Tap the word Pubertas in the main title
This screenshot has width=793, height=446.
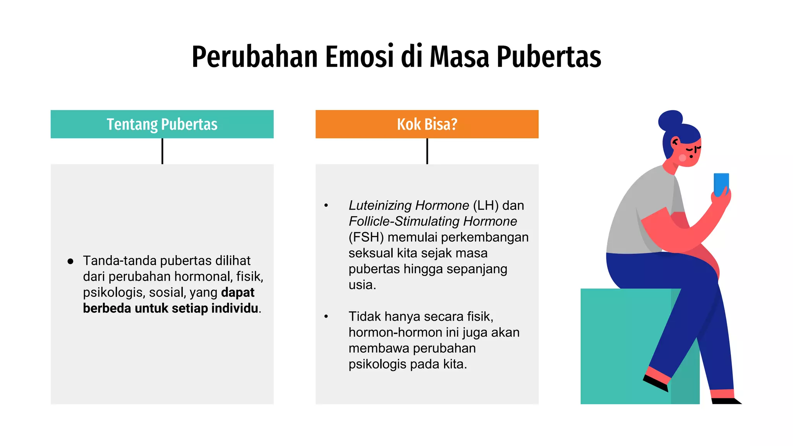(x=549, y=57)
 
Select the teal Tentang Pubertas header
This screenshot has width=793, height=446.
(x=162, y=124)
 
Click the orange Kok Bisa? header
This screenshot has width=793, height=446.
(x=427, y=124)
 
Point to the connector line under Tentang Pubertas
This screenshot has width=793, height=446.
(x=162, y=151)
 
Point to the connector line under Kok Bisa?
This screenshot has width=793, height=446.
(x=427, y=151)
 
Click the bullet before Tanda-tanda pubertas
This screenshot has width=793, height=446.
(x=70, y=261)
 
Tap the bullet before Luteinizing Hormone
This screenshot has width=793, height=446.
(x=326, y=206)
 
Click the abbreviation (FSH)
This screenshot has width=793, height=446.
(x=366, y=237)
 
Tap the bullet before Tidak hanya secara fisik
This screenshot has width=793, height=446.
(x=326, y=317)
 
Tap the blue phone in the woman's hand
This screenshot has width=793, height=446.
(x=721, y=184)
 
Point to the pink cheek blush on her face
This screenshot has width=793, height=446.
(x=682, y=158)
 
